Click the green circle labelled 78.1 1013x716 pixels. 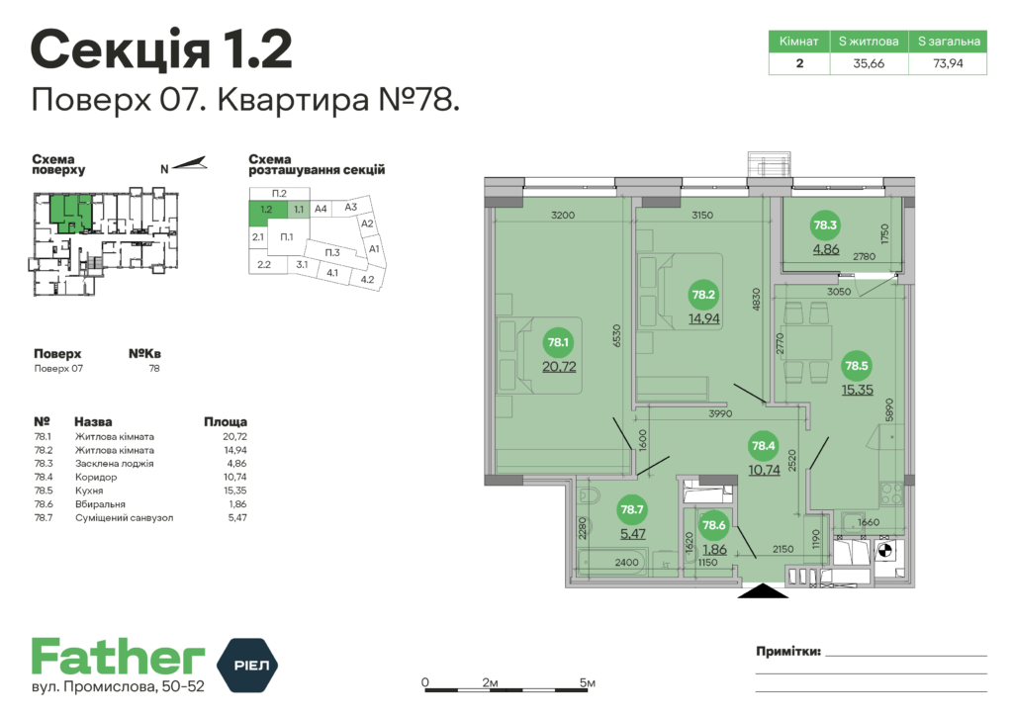click(558, 342)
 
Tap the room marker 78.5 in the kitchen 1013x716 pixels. click(857, 366)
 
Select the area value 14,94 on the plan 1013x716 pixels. click(703, 318)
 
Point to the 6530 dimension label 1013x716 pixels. click(616, 335)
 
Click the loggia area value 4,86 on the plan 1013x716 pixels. click(826, 249)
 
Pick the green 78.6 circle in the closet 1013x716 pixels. click(714, 525)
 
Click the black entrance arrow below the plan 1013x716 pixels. click(763, 590)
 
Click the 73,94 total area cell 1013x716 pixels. click(948, 63)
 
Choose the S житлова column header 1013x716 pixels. click(869, 42)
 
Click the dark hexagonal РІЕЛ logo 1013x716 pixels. click(246, 665)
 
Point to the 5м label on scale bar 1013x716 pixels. click(588, 682)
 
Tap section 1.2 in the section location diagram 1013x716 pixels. click(266, 210)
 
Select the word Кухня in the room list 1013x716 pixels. click(89, 491)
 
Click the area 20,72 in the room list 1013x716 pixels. click(235, 436)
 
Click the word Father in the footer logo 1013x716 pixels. click(119, 657)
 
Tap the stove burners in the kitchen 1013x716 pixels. click(891, 493)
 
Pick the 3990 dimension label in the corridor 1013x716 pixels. click(720, 413)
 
